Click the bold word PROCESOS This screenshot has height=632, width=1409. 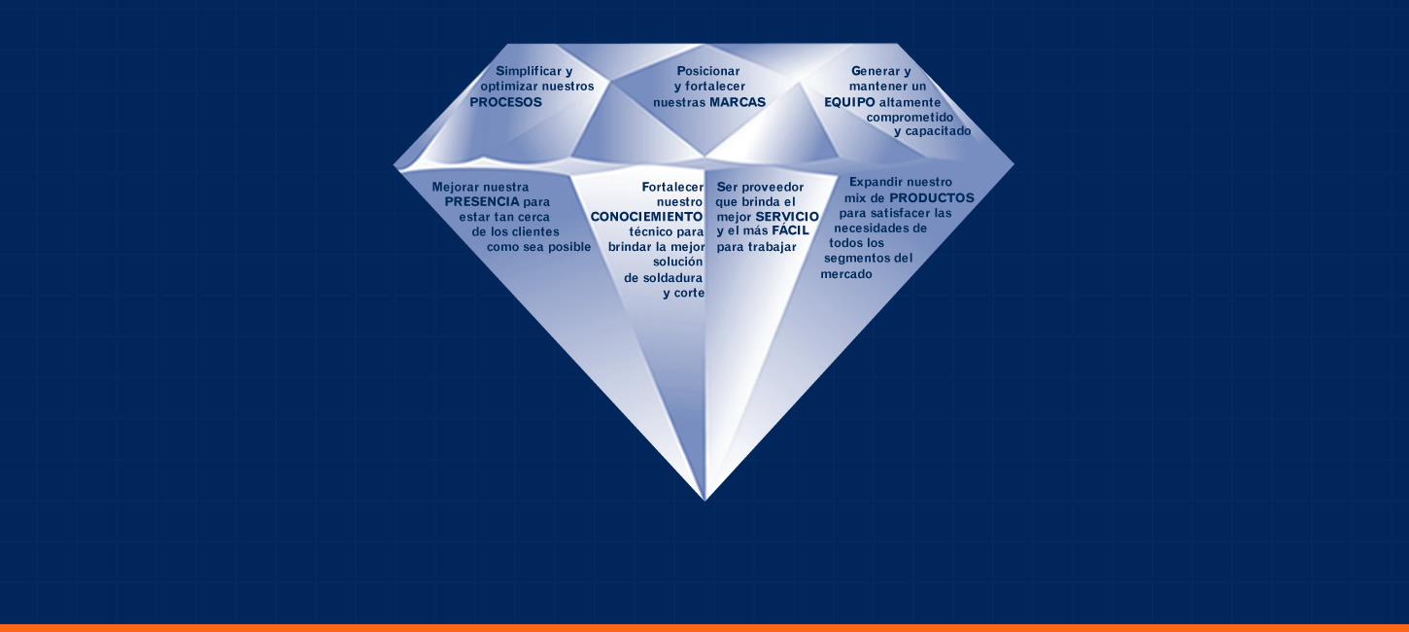505,102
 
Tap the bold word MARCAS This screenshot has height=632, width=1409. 738,102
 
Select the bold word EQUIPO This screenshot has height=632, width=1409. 849,102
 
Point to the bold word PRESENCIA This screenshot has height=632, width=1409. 482,201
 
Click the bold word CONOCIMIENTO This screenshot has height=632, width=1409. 646,216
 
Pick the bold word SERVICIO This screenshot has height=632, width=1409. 787,216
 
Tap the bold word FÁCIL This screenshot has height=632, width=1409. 790,231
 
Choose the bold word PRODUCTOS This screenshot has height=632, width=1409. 931,197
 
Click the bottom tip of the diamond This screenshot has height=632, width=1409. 705,500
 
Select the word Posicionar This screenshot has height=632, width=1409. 708,71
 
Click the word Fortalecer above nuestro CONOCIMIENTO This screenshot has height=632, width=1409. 672,186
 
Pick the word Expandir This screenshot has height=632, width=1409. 876,182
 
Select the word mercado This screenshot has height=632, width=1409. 846,274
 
